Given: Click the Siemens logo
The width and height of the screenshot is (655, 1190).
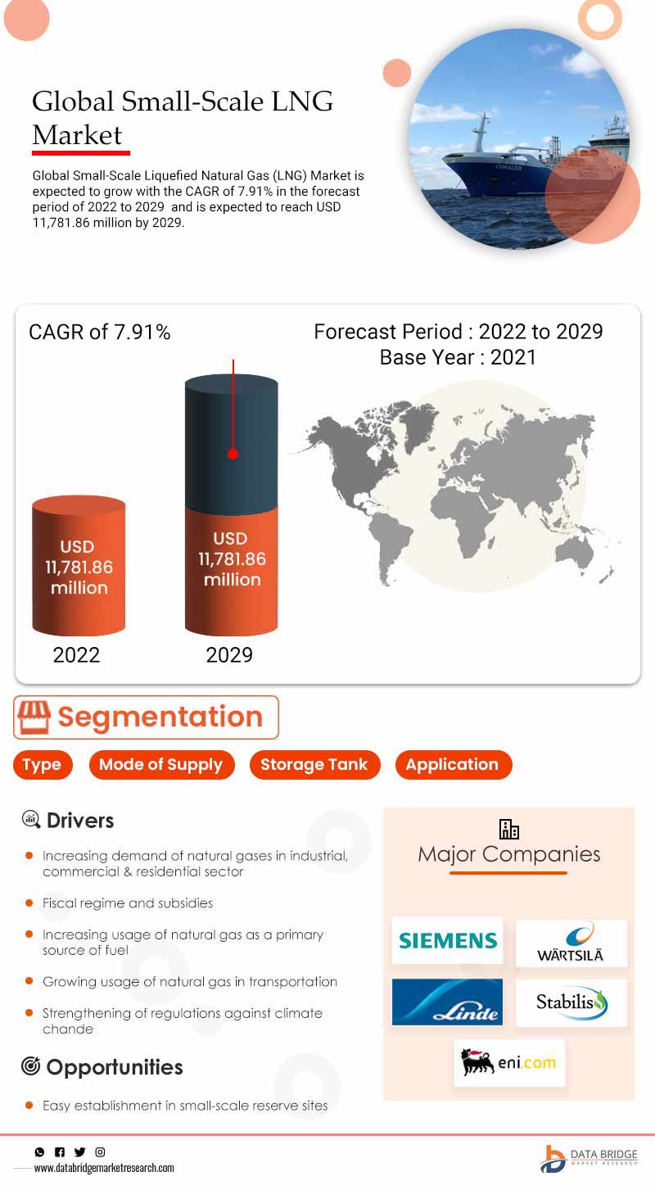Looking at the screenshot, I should pos(447,940).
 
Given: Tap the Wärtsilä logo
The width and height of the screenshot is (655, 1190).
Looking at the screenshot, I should pos(571,943).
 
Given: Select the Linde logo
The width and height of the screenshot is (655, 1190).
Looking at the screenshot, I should pos(447,1002).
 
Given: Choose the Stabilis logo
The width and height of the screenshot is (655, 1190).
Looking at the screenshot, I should pos(571,1002).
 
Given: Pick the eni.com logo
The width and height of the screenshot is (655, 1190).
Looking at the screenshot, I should pos(509,1063).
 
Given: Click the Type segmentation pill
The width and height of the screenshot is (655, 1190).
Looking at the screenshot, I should pos(42,765).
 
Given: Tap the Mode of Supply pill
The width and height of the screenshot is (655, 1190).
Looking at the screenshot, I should pos(160,765).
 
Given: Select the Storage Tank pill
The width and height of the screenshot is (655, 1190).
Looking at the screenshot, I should pos(314,765).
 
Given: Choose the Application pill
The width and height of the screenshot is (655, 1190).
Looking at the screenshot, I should pos(452,765).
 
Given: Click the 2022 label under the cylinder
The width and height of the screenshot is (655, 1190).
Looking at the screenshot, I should pos(76,655).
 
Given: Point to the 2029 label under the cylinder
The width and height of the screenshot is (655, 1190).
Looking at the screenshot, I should pos(229,655).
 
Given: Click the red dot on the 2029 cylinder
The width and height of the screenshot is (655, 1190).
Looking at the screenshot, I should pos(233,453).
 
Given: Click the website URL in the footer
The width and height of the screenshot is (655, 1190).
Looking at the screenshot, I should pos(104,1168).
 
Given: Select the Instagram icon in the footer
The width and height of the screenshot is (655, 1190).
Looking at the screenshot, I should pos(100,1152).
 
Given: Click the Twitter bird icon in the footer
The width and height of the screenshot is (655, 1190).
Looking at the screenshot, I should pos(79,1152).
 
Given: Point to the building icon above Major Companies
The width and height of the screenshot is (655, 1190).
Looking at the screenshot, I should pos(509,829).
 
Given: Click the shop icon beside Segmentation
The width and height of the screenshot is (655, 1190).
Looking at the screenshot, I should pos(34,717).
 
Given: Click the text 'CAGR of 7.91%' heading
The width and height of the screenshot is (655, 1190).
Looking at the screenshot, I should pos(99,333).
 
